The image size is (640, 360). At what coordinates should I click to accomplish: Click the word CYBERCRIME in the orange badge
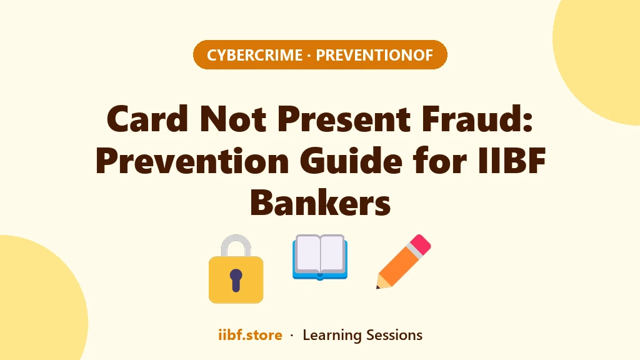click(x=255, y=55)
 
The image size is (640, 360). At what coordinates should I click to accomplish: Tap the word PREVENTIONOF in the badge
click(x=374, y=55)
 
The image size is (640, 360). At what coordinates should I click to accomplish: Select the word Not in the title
click(x=232, y=119)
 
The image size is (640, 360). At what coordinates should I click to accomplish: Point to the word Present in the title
click(x=344, y=119)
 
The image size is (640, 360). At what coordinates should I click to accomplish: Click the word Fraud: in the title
click(x=477, y=119)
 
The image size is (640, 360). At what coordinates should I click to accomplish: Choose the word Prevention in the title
click(x=192, y=161)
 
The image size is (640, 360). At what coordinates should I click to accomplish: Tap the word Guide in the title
click(x=351, y=161)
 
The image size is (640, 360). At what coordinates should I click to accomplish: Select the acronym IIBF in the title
click(x=511, y=161)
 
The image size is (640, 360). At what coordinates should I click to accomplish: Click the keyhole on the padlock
click(x=236, y=280)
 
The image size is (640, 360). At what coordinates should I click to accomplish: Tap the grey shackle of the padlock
click(x=236, y=245)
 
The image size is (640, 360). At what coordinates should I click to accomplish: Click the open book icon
click(x=320, y=257)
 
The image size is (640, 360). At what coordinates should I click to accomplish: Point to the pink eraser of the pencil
click(x=421, y=244)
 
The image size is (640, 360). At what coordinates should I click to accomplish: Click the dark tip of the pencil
click(x=378, y=286)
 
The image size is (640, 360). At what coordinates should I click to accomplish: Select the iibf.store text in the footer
click(x=250, y=335)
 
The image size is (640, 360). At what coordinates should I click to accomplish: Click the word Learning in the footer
click(x=332, y=336)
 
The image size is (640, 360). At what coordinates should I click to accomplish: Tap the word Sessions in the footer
click(x=394, y=335)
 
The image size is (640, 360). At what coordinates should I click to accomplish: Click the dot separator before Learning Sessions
click(x=292, y=336)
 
